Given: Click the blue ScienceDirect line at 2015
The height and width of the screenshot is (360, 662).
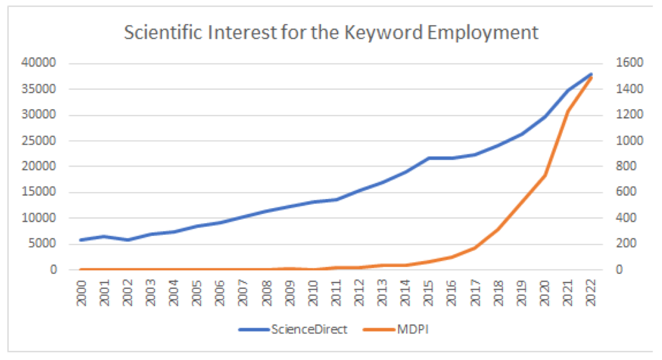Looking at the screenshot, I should click(429, 158).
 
